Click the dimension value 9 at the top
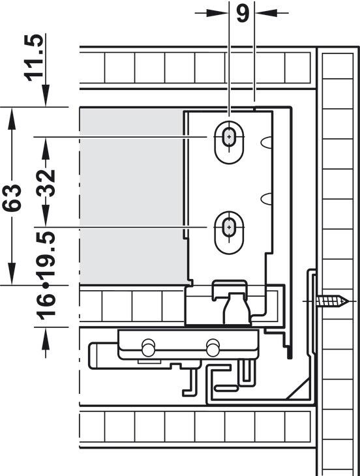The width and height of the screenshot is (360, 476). point(242,13)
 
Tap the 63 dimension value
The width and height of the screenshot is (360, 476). point(12,198)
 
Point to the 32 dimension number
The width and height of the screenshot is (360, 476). point(46,183)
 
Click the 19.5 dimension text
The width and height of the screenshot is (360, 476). point(46,254)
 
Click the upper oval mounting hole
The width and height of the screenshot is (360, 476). point(229,142)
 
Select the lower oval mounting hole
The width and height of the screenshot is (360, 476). point(229,232)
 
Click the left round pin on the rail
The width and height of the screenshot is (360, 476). point(148,348)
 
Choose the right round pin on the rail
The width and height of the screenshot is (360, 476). point(213,348)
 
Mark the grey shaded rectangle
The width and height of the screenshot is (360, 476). point(132,196)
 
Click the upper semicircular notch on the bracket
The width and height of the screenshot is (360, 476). point(266,142)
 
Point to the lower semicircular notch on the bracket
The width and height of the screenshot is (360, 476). point(266,199)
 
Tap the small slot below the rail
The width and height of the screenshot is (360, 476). point(226,388)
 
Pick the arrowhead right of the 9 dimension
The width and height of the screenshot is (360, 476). point(266,13)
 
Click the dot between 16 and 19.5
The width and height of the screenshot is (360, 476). point(46,286)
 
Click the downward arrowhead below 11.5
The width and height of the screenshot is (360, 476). point(46,95)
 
